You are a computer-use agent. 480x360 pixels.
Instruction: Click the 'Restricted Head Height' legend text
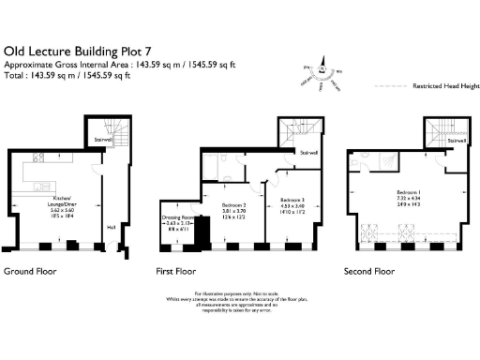point(440,85)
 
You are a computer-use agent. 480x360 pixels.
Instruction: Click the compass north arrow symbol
point(322,67)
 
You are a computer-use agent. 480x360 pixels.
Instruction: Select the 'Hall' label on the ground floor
point(111,226)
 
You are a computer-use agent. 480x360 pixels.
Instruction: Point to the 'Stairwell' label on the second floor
point(455,142)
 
